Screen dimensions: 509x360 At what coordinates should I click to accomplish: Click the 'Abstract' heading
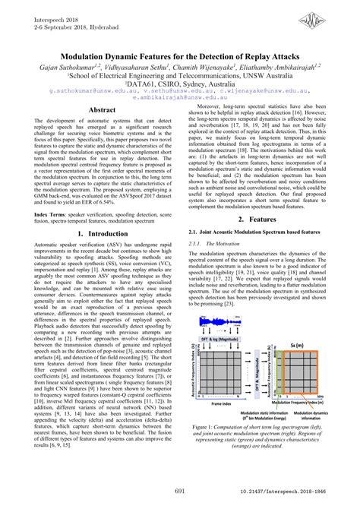click(101, 110)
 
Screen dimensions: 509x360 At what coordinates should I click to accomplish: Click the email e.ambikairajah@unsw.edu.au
click(179, 97)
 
